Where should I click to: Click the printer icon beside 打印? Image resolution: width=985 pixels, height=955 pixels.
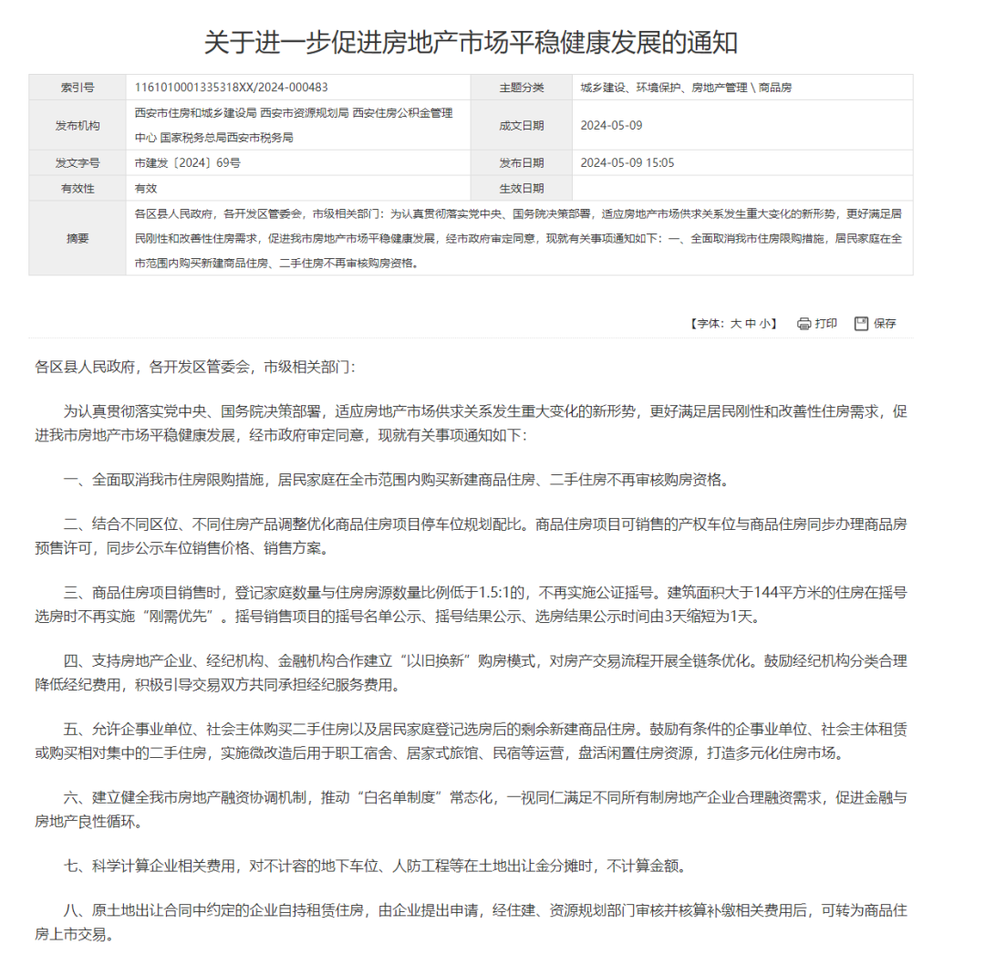click(804, 324)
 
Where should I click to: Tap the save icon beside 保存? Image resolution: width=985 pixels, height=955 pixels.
click(861, 324)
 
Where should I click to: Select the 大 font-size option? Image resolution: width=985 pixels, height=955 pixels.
click(735, 324)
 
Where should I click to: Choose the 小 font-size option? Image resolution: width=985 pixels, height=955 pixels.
click(765, 324)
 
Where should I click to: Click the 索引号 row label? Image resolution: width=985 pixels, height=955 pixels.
click(78, 88)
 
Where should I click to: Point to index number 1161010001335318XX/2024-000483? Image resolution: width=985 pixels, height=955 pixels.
click(231, 88)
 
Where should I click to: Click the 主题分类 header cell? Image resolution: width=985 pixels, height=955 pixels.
click(521, 88)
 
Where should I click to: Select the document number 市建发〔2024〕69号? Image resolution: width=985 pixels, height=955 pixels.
click(187, 163)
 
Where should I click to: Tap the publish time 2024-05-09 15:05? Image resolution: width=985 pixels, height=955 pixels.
click(627, 163)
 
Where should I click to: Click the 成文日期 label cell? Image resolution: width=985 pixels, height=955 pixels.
click(521, 125)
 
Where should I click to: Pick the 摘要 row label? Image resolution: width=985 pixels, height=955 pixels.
click(78, 238)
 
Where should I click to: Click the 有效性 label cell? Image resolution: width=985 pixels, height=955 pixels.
click(78, 189)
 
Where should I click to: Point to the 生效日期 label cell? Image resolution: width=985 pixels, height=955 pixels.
click(521, 189)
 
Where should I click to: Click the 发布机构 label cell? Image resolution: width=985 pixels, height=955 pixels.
click(78, 125)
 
